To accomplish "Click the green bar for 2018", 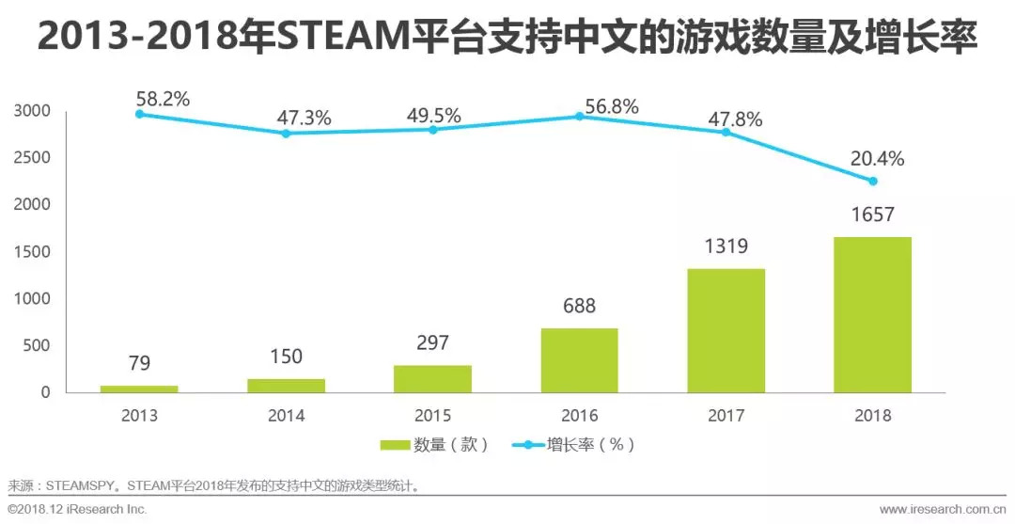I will (x=872, y=314).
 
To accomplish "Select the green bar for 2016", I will (x=579, y=360).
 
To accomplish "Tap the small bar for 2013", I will (x=139, y=389).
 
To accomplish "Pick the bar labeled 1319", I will (x=726, y=330).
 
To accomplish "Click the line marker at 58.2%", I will (x=139, y=114).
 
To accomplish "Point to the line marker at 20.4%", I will (x=872, y=181).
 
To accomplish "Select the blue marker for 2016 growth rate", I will (x=579, y=117).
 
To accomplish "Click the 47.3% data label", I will (x=304, y=119).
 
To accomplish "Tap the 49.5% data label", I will (x=433, y=116).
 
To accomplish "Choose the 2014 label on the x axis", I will (x=286, y=416).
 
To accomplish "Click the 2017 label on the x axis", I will (x=726, y=416).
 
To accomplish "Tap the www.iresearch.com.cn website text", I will (x=942, y=509).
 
